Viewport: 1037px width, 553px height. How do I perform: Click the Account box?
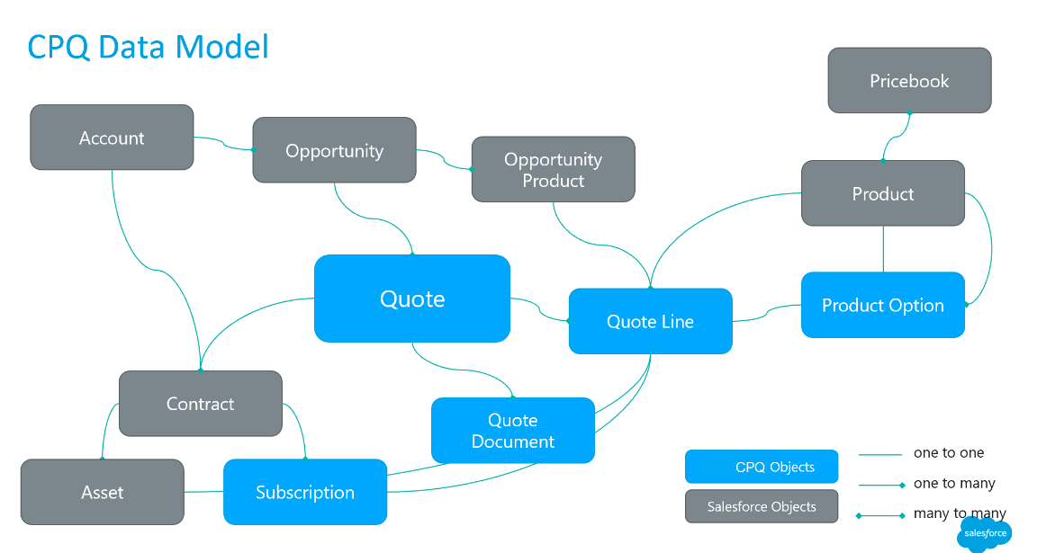pos(112,138)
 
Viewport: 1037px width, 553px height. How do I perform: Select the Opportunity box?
pos(334,151)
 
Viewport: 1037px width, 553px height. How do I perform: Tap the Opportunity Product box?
pos(553,169)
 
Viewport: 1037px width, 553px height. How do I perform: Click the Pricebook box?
pos(909,81)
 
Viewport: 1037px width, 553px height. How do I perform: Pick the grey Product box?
pos(882,193)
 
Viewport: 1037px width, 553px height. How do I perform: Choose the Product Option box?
pos(882,305)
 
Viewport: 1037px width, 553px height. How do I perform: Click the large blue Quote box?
pos(412,299)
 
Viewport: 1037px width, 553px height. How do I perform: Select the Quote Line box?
pos(650,321)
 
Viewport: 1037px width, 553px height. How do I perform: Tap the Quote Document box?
pos(512,431)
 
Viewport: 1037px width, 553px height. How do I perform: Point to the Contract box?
pos(200,404)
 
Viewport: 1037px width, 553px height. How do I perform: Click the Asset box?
pos(103,492)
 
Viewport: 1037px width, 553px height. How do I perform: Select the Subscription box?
pos(304,492)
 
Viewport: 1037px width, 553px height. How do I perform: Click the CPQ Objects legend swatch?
pos(761,467)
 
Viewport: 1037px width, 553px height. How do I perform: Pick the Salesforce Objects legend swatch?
pos(761,506)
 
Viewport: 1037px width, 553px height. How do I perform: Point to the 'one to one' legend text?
pos(949,453)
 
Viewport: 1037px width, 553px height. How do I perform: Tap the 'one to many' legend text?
pos(954,484)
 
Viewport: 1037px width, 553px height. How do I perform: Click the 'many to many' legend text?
pos(960,514)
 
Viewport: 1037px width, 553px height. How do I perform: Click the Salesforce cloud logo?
pos(984,533)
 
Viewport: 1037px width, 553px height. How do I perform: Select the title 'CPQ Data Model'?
pos(149,47)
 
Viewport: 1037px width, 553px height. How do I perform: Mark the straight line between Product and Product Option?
pos(883,249)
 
